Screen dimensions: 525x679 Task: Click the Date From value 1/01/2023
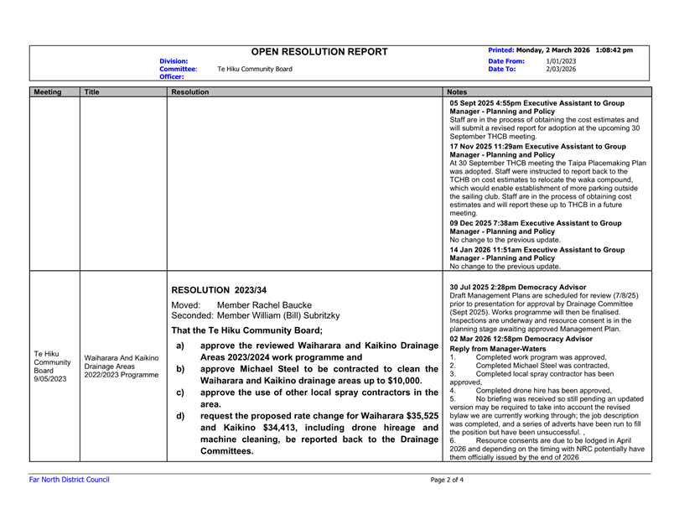[561, 61]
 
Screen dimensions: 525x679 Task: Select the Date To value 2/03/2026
[561, 69]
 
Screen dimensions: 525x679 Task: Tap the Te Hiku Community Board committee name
[255, 69]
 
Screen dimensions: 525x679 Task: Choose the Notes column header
[459, 92]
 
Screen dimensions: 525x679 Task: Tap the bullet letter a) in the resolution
[180, 346]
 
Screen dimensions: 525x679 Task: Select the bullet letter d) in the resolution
[180, 416]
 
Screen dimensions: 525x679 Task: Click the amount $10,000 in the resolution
[394, 380]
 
